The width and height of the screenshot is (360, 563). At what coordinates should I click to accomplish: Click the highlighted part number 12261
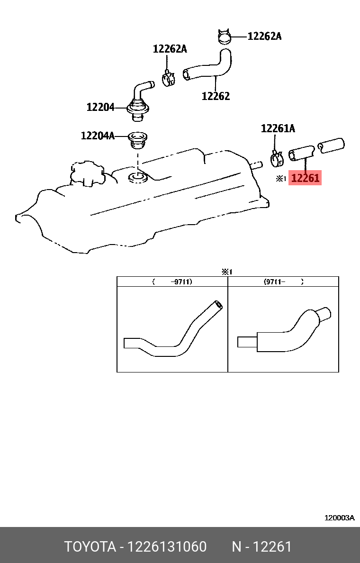click(305, 178)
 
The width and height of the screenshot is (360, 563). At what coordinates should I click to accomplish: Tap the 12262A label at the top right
click(264, 36)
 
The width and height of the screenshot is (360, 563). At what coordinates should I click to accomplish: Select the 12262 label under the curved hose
click(216, 96)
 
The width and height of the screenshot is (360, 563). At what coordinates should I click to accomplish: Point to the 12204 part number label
click(100, 108)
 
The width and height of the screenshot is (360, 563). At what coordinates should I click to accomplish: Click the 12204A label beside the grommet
click(98, 136)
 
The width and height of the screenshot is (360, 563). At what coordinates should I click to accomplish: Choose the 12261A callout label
click(278, 128)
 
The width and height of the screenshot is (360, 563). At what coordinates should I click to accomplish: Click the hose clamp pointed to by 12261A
click(277, 158)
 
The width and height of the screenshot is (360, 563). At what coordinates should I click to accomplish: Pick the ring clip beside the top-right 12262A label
click(225, 36)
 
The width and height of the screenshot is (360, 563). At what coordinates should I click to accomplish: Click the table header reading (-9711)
click(172, 281)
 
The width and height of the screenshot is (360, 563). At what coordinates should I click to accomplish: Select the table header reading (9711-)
click(283, 281)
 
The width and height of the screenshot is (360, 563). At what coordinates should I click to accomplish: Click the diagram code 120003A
click(339, 518)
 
